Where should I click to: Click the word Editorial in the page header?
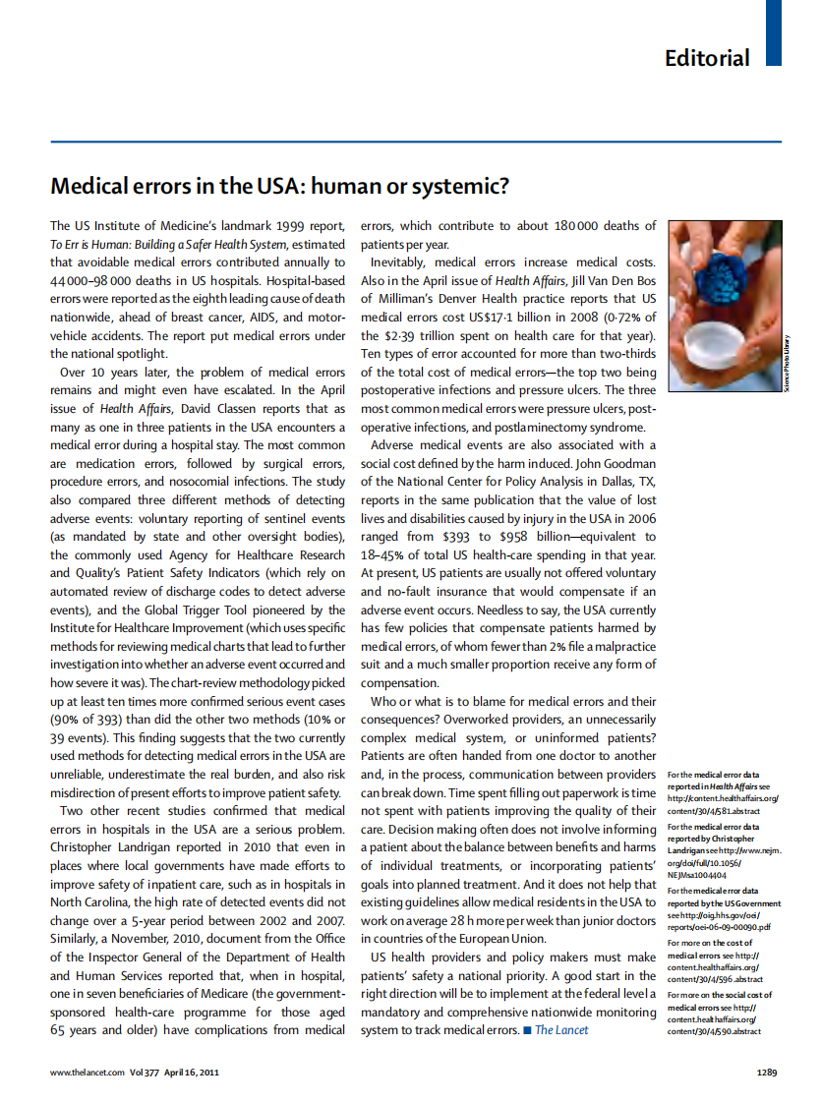[707, 57]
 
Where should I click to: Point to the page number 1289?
[768, 1072]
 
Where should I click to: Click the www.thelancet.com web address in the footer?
[88, 1072]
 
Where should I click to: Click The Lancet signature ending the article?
[561, 1029]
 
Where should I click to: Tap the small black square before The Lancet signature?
[527, 1029]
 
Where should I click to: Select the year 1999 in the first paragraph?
[283, 226]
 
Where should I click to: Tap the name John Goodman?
[612, 464]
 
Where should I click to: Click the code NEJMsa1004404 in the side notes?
[699, 874]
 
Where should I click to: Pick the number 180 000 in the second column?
[577, 226]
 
